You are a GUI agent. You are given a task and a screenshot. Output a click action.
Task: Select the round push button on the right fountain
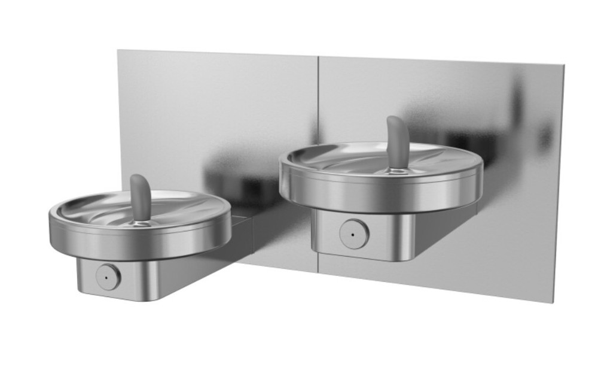353,234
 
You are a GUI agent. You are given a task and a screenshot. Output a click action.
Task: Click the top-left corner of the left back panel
118,50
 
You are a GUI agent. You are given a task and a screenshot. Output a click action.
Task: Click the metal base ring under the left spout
141,223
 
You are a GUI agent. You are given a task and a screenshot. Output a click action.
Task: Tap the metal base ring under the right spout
396,170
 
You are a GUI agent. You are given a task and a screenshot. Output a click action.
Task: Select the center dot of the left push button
108,277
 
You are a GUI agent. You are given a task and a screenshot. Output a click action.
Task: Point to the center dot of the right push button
353,234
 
